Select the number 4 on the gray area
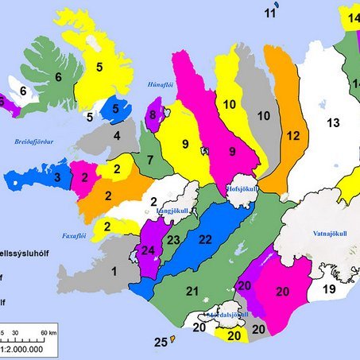point(118,136)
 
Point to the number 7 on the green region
point(149,161)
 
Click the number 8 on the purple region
point(152,116)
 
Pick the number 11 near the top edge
point(271,13)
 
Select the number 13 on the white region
point(333,122)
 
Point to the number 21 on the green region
point(192,292)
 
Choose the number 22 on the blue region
point(205,239)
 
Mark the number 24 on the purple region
point(147,252)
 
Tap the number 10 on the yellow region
point(230,104)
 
